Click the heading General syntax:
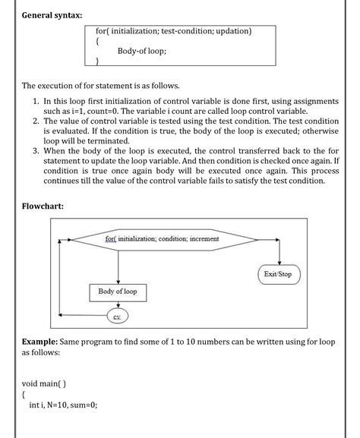[x=52, y=15]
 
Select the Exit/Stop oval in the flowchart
[x=278, y=273]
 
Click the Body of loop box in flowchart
[x=118, y=291]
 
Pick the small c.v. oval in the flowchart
[x=118, y=315]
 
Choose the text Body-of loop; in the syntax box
[x=142, y=52]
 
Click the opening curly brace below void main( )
[x=24, y=394]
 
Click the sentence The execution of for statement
[x=100, y=85]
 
